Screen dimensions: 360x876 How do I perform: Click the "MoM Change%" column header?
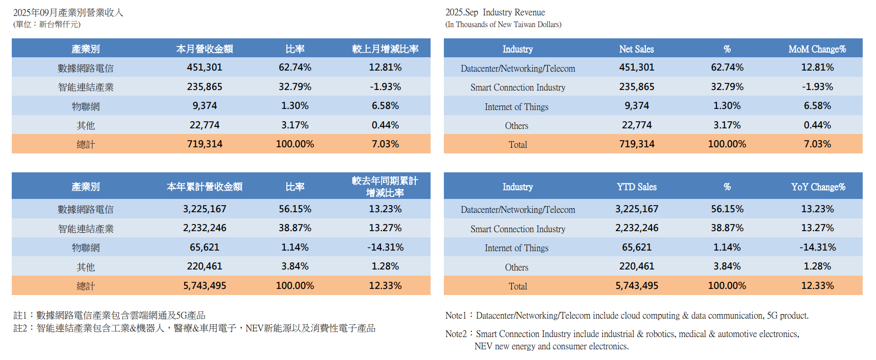(817, 49)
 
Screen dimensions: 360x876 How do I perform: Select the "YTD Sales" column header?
(636, 187)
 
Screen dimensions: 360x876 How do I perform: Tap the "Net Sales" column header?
(636, 49)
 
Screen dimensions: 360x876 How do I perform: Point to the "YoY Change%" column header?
(818, 187)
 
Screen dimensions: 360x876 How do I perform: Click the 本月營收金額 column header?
(205, 49)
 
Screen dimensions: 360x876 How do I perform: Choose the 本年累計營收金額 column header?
(205, 187)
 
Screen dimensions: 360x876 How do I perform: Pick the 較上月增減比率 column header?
(385, 49)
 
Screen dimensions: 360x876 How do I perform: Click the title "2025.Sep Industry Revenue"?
(495, 12)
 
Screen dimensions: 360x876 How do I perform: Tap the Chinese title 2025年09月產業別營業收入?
(68, 12)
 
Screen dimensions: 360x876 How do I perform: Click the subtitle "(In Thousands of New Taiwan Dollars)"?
(503, 25)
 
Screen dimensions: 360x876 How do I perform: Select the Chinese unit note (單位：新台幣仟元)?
(47, 25)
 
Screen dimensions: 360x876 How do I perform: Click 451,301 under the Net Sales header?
(637, 67)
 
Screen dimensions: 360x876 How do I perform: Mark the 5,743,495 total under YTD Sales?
(637, 286)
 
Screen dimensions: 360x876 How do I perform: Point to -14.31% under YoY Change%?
(817, 247)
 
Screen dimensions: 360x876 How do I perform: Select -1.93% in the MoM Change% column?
(817, 87)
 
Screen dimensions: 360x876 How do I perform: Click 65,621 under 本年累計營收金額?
(205, 247)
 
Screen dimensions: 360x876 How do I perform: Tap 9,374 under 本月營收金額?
(205, 106)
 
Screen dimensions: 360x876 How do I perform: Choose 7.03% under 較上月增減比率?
(385, 144)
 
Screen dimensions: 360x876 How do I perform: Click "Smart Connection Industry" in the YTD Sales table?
(518, 229)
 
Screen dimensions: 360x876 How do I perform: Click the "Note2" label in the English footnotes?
(456, 334)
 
